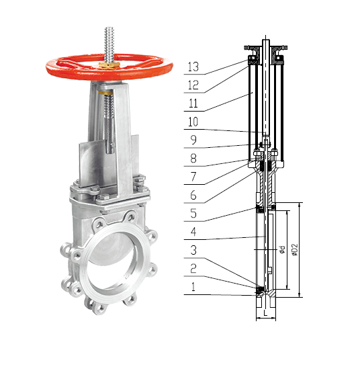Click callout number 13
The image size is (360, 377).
tap(193, 67)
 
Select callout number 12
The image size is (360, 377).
tap(193, 85)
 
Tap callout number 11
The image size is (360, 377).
tap(193, 103)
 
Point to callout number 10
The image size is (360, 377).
tap(193, 122)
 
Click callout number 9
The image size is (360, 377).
tap(193, 140)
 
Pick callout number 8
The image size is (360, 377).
tap(193, 158)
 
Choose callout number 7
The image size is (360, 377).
tap(193, 177)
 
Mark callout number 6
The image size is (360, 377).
tap(193, 195)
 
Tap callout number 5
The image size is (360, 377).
tap(193, 213)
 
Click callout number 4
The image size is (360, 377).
tap(193, 232)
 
